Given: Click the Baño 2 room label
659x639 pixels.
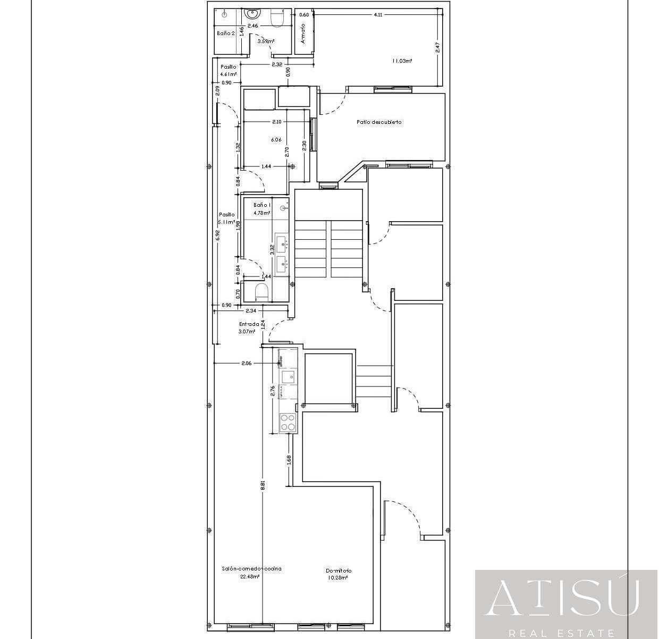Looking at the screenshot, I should (x=225, y=33).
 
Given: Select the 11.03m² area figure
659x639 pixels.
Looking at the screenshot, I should (x=402, y=61).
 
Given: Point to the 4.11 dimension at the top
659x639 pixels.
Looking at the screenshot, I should (x=378, y=15).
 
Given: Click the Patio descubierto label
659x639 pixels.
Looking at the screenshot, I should (x=379, y=122).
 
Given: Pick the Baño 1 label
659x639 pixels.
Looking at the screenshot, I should (x=262, y=205).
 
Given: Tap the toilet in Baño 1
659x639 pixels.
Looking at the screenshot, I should (x=261, y=292).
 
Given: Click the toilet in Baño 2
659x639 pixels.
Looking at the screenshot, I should (x=278, y=19).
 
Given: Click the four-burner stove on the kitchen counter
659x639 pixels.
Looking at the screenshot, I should (x=288, y=423).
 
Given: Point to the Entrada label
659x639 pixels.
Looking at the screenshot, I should (x=249, y=324).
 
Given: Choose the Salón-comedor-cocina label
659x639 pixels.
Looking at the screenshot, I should (x=251, y=569).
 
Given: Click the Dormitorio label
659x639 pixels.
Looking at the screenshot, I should (x=339, y=571).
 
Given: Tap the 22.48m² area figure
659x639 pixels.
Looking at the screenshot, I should (x=250, y=576).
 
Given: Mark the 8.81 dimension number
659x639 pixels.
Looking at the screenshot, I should (x=263, y=485).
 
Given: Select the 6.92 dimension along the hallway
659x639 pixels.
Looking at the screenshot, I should (x=217, y=235).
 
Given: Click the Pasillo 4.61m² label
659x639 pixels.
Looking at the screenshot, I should (x=228, y=71).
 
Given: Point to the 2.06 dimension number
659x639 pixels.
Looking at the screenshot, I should (x=246, y=364).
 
